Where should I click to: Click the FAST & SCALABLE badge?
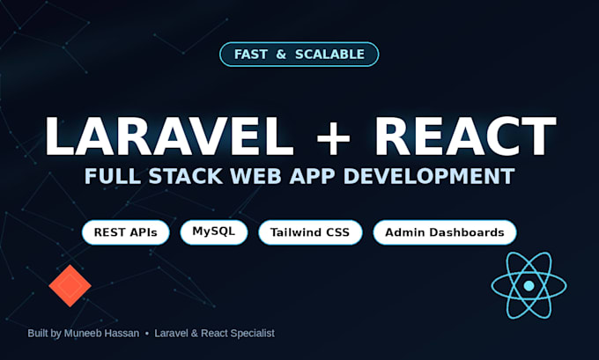point(299,55)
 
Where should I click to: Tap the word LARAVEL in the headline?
point(169,136)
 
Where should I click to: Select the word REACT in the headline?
point(465,136)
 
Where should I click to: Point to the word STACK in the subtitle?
point(185,176)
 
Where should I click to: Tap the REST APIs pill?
point(125,232)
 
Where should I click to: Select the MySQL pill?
point(213,232)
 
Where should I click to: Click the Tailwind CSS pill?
point(310,232)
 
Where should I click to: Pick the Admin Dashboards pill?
point(445,232)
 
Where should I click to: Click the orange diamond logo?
point(70,285)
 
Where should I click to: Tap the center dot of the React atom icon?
point(529,285)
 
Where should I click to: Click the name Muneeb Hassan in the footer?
point(101,334)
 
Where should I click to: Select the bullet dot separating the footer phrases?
point(147,334)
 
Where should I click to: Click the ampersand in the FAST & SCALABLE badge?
point(281,55)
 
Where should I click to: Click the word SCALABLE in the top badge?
point(329,55)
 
